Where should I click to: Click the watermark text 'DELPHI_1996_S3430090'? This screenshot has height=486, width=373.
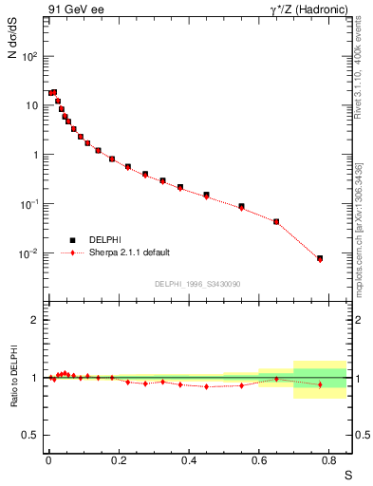197,284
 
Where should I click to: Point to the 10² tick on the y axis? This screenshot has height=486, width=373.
32,56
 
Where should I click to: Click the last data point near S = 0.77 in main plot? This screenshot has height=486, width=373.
320,258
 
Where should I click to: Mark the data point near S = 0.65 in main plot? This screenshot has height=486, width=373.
276,222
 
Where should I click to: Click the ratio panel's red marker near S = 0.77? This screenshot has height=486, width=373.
320,384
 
